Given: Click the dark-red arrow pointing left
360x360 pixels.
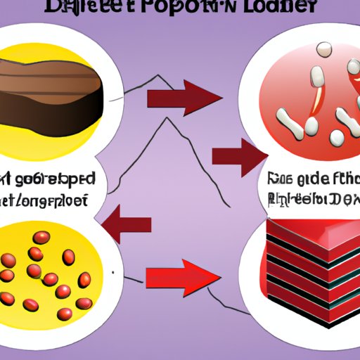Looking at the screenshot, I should click(130, 224).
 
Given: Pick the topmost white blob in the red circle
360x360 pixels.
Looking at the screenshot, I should click(324, 49).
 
